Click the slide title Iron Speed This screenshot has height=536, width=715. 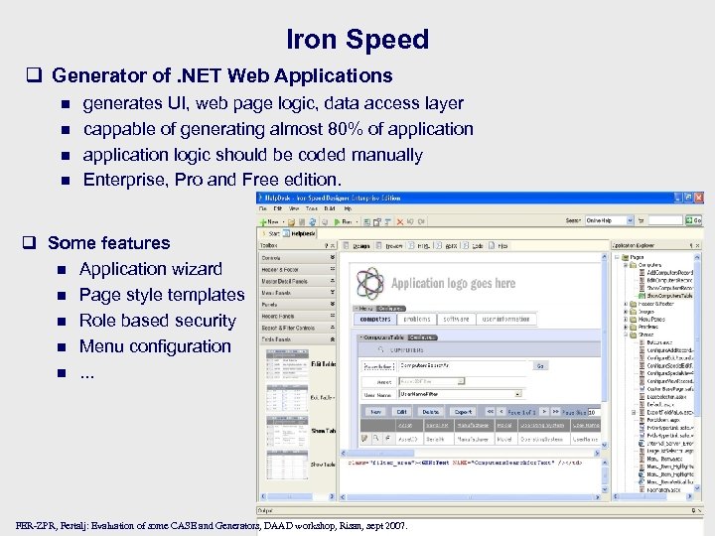pyautogui.click(x=357, y=40)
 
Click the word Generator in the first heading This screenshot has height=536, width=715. pyautogui.click(x=99, y=75)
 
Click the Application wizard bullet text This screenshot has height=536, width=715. pyautogui.click(x=151, y=269)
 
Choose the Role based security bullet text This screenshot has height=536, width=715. pyautogui.click(x=157, y=321)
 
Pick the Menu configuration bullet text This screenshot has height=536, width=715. pyautogui.click(x=155, y=346)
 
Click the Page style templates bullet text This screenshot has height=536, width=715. pyautogui.click(x=162, y=295)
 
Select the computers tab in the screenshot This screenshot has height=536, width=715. pyautogui.click(x=374, y=319)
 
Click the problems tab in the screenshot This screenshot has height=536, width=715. pyautogui.click(x=416, y=319)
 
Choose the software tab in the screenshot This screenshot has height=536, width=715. pyautogui.click(x=456, y=319)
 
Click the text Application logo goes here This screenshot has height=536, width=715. pyautogui.click(x=453, y=283)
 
